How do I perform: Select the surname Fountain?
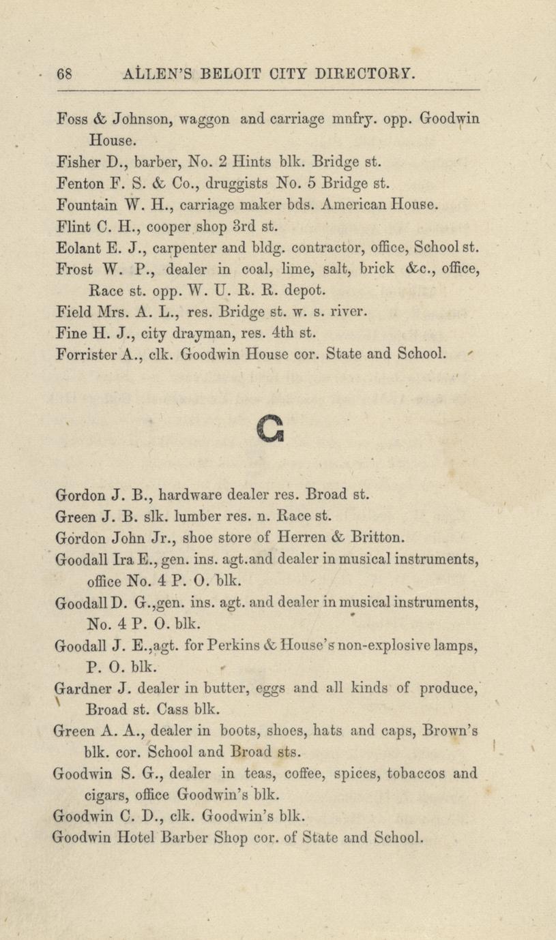[x=81, y=204]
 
